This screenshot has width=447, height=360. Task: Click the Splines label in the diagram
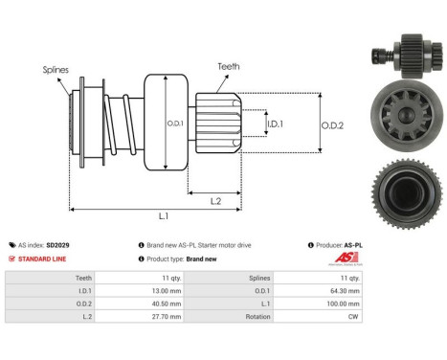(x=55, y=69)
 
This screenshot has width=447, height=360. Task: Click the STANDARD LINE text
(x=42, y=259)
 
